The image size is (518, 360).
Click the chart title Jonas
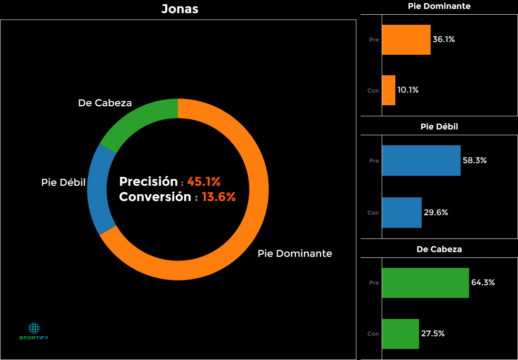180,9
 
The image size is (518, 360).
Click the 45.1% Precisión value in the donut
204,182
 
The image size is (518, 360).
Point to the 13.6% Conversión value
218,197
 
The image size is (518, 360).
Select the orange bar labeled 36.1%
406,39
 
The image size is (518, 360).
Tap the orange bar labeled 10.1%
388,90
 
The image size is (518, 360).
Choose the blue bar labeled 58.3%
421,161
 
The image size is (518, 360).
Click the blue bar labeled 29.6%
402,213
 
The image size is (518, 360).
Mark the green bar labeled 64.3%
425,283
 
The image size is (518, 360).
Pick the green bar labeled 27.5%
400,334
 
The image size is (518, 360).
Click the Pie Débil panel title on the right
439,127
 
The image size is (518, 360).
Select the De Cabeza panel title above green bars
439,249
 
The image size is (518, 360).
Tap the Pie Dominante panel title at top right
439,6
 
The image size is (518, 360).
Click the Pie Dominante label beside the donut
295,253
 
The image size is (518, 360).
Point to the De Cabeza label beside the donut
105,103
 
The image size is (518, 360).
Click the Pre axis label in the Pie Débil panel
374,161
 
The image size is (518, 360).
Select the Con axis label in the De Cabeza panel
373,334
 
